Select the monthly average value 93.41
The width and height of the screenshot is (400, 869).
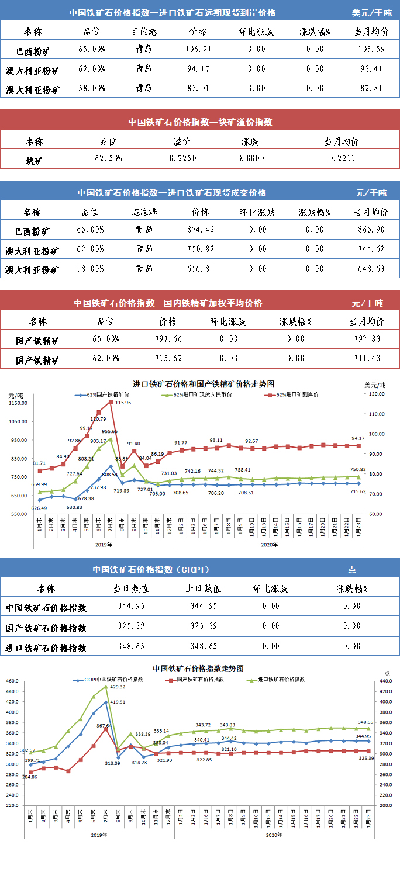(x=371, y=70)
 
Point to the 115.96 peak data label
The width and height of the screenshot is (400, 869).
(x=123, y=403)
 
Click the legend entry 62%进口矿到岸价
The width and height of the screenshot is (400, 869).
(x=296, y=394)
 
